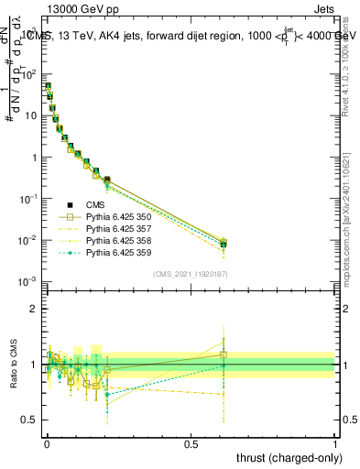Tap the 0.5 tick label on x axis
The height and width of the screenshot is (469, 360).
[191, 443]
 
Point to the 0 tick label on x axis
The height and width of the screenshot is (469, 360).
[46, 443]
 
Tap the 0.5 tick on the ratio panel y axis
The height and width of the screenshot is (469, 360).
[31, 421]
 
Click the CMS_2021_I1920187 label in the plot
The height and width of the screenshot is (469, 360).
[190, 273]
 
